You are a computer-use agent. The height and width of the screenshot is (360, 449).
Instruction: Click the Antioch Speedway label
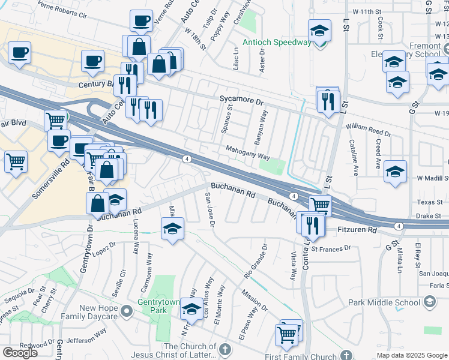pyautogui.click(x=277, y=42)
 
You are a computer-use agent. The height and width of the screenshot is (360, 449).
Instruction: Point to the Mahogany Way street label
pyautogui.click(x=247, y=153)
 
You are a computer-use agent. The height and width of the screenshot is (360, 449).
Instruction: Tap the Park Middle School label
pyautogui.click(x=390, y=303)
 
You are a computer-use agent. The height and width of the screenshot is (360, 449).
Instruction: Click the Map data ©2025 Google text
pyautogui.click(x=412, y=355)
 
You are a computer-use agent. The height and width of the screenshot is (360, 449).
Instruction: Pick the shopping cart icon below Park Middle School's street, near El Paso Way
pyautogui.click(x=288, y=334)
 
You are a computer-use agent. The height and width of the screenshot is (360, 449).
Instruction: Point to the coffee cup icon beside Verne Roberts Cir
pyautogui.click(x=141, y=21)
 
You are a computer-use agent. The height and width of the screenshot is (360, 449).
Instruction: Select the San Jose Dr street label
pyautogui.click(x=210, y=210)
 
